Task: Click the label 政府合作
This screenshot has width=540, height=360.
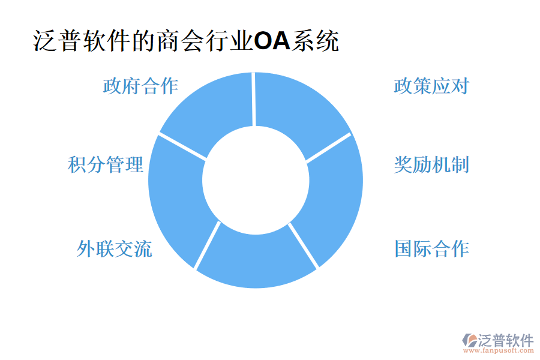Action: coord(140,86)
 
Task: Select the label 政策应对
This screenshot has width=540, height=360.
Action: coord(431,86)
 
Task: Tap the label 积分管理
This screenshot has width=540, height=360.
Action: coord(106,164)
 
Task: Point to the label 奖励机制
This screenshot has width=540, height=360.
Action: coord(431,164)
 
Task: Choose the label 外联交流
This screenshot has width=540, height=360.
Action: coord(114,248)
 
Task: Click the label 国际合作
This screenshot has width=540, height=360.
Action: coord(431,248)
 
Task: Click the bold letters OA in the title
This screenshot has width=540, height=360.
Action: coord(271,41)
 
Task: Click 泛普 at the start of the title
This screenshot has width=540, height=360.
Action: coord(58,41)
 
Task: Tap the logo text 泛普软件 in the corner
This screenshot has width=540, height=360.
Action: coord(506,340)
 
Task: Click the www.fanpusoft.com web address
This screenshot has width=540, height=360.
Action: coord(497,352)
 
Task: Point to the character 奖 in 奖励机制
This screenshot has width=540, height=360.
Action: coord(403,164)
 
